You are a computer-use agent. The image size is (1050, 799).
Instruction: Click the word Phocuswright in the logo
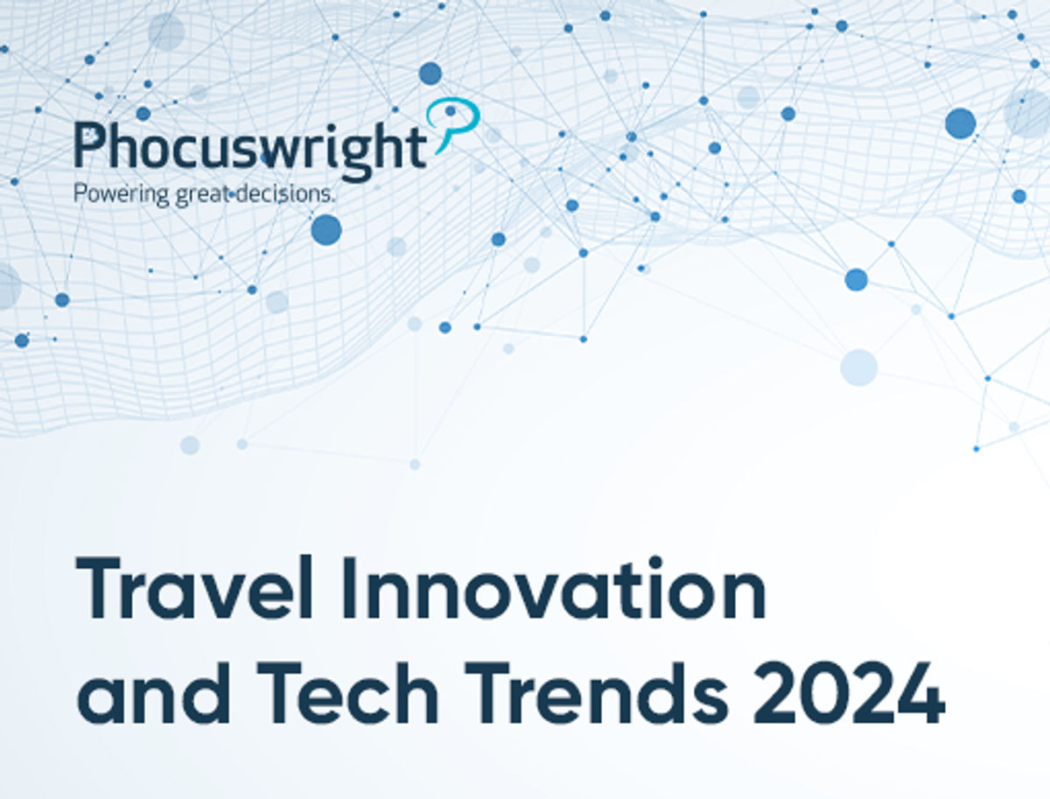tap(250, 146)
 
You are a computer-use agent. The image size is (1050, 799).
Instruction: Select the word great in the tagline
tap(204, 194)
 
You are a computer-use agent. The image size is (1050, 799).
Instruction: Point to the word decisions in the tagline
tap(285, 193)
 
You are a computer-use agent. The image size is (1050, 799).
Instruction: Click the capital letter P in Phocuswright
tap(91, 145)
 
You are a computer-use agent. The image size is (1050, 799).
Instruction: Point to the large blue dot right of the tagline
tap(325, 229)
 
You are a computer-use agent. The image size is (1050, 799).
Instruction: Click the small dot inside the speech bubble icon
tap(451, 111)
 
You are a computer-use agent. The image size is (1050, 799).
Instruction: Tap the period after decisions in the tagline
tap(333, 200)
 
